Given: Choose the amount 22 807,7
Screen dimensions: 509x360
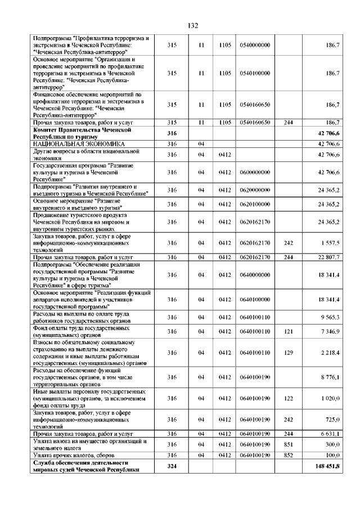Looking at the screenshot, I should (328, 257).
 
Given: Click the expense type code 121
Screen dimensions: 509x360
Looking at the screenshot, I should (289, 332).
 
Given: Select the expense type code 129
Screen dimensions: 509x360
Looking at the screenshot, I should (289, 353).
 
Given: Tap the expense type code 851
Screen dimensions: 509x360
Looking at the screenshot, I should (289, 444).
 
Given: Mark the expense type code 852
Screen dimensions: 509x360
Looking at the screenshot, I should (289, 454).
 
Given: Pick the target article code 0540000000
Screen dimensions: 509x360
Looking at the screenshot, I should (255, 44).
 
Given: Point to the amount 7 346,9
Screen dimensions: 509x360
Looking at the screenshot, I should (330, 332).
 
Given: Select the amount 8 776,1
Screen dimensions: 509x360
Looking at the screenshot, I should (330, 376).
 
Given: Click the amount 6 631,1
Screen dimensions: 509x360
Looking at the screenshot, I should (330, 434).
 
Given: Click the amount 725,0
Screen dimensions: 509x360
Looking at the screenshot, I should (332, 420).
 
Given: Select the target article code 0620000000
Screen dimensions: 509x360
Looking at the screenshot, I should (255, 190).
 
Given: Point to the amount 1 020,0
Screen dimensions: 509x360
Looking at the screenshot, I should (330, 397).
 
